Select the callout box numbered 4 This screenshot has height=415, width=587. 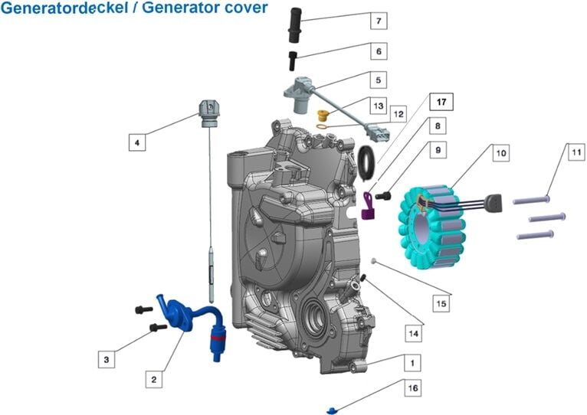137,142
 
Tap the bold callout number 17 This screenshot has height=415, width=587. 441,102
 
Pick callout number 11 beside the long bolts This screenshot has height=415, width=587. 576,152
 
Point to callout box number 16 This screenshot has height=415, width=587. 413,388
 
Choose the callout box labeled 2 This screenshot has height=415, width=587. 154,378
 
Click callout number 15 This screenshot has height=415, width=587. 441,304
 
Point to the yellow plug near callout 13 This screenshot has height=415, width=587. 323,116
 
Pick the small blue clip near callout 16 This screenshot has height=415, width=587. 332,410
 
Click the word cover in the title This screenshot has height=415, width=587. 245,8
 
